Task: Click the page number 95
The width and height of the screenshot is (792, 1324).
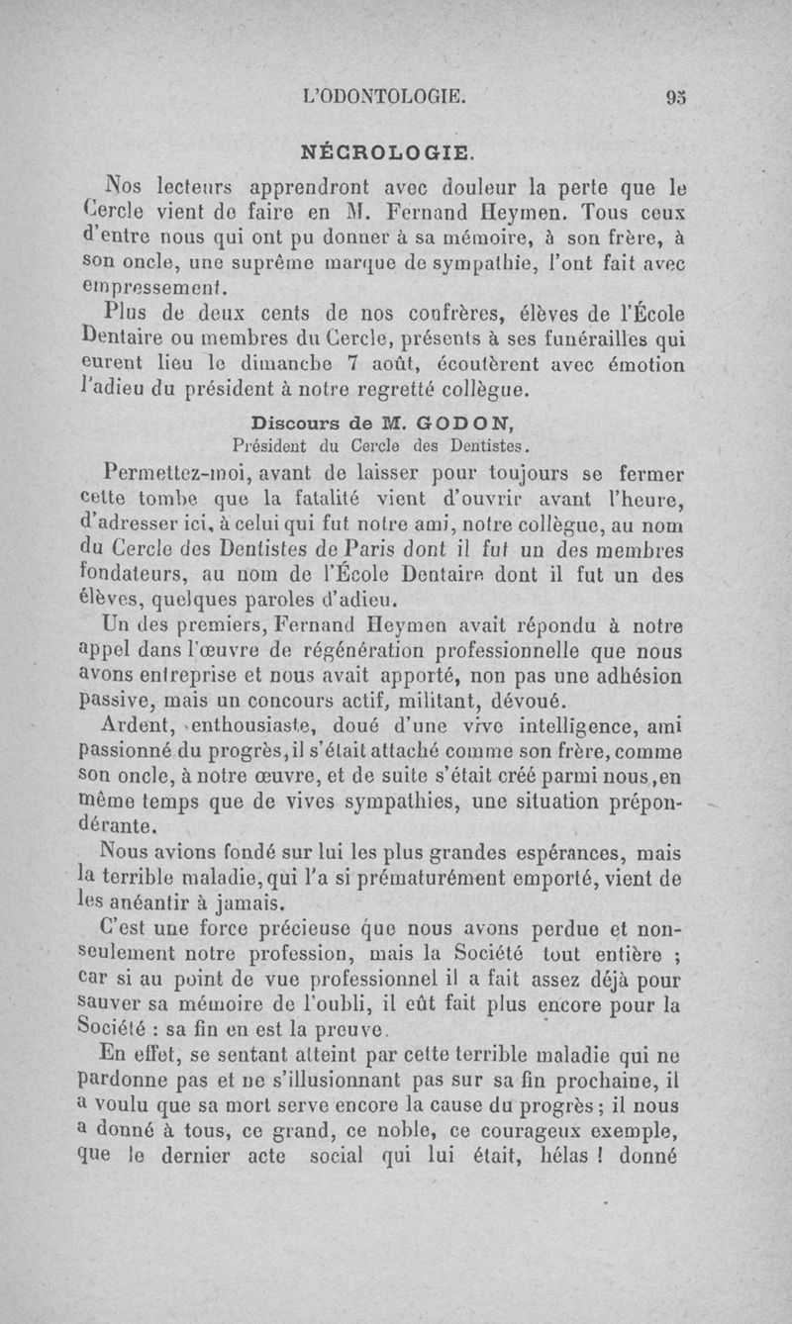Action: (x=676, y=97)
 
